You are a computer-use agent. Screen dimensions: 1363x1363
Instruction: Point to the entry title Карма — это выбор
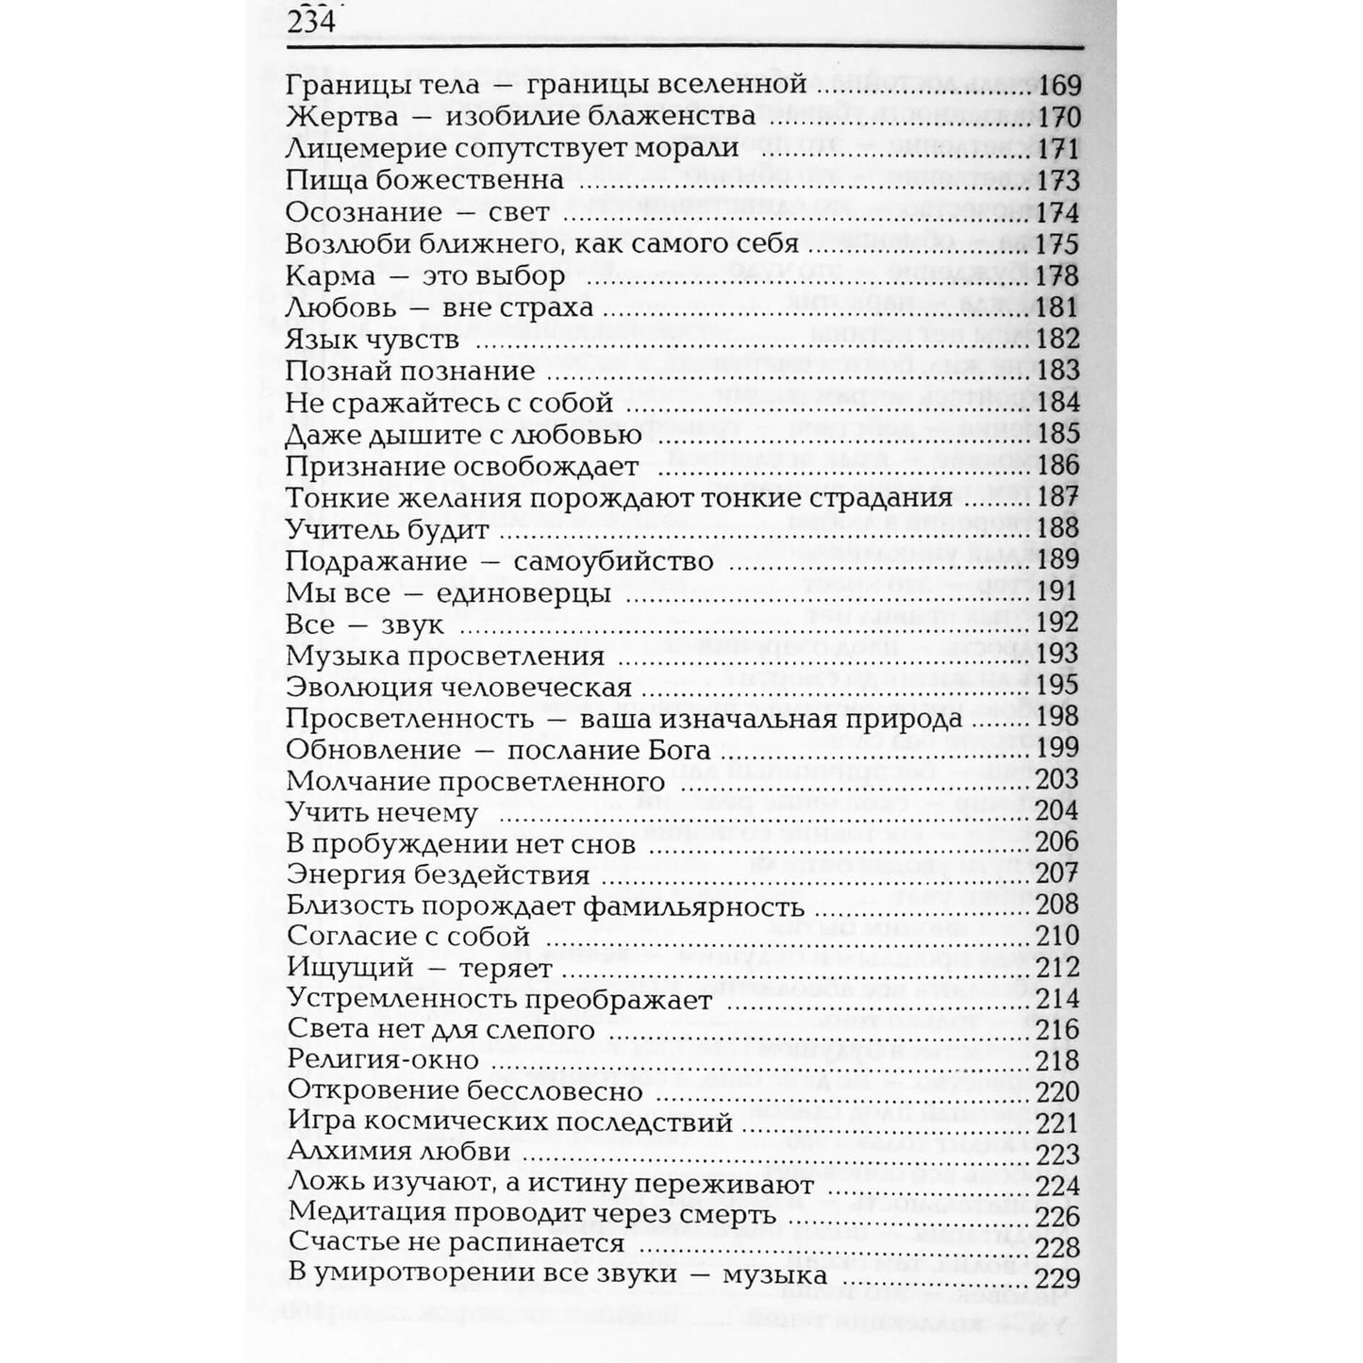click(x=425, y=275)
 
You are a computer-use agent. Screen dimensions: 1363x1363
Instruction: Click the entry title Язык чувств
click(x=373, y=340)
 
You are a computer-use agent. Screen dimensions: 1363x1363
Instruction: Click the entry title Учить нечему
click(x=383, y=813)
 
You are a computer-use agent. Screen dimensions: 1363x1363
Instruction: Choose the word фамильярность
click(x=694, y=907)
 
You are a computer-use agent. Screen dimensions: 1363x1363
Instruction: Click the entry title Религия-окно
click(x=384, y=1060)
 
